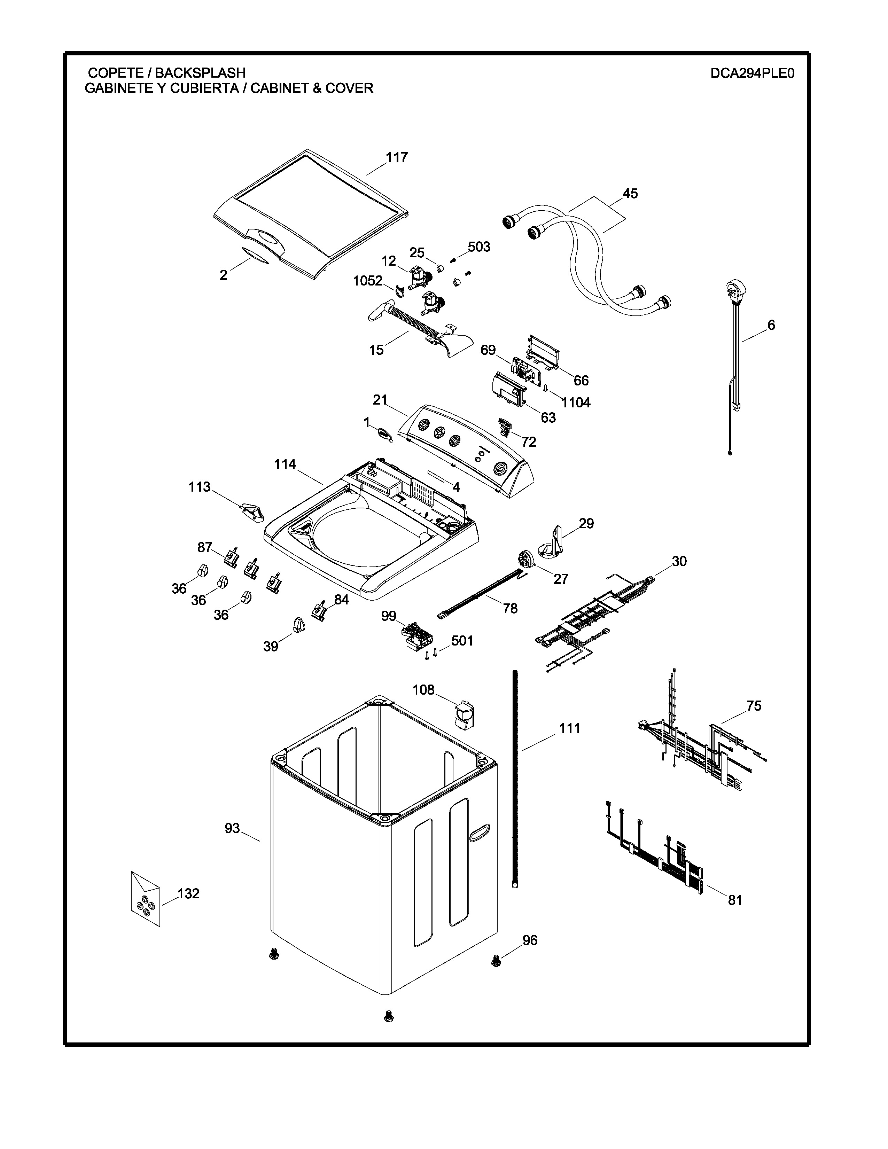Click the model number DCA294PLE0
coord(752,73)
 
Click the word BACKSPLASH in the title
coord(200,73)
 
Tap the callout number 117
coord(397,157)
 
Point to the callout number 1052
coord(367,281)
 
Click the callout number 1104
coord(576,402)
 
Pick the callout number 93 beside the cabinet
coord(232,828)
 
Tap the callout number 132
coord(188,893)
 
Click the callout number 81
coord(735,900)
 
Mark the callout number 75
coord(753,705)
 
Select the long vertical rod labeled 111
coord(514,779)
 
